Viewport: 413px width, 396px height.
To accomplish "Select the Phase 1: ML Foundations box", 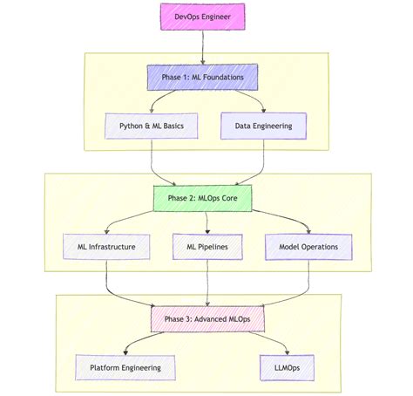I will pyautogui.click(x=202, y=79).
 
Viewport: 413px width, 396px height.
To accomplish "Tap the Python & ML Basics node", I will pyautogui.click(x=152, y=126).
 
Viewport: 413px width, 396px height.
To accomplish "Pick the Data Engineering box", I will pyautogui.click(x=263, y=126).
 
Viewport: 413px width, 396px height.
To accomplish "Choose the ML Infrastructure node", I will pyautogui.click(x=105, y=247).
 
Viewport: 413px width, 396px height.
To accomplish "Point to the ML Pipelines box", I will pyautogui.click(x=208, y=247).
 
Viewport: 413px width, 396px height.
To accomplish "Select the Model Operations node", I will pyautogui.click(x=308, y=247).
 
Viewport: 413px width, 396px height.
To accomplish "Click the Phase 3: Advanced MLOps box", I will pyautogui.click(x=206, y=318).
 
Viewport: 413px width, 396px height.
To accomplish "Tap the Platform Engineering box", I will pyautogui.click(x=125, y=367).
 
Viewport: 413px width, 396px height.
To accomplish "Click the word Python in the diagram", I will pyautogui.click(x=132, y=126).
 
